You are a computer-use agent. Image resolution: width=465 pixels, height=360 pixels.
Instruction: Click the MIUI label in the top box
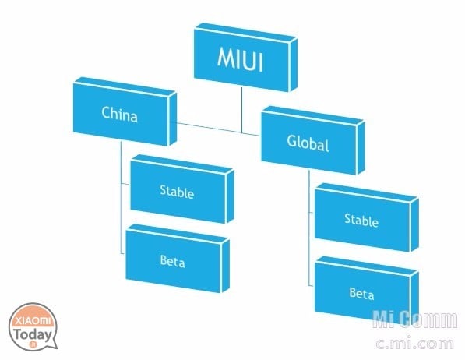click(x=240, y=59)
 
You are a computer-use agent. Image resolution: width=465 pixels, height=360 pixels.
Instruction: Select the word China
click(x=119, y=114)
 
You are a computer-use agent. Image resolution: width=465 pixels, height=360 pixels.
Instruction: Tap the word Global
click(x=308, y=143)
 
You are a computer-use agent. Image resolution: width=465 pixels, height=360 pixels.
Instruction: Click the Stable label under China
click(x=177, y=192)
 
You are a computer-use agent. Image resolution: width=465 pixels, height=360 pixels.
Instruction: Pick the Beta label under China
click(x=172, y=261)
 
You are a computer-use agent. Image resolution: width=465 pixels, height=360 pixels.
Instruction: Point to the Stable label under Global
click(x=361, y=221)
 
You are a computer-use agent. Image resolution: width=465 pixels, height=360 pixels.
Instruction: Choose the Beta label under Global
click(x=361, y=293)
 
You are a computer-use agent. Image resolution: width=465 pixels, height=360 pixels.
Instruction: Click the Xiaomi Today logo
click(x=33, y=326)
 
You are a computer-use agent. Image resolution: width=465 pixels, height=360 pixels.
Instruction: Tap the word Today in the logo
click(x=33, y=335)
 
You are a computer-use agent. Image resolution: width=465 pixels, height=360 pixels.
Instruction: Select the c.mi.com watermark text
click(x=414, y=343)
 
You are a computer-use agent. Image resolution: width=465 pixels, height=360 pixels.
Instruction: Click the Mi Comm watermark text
click(x=415, y=319)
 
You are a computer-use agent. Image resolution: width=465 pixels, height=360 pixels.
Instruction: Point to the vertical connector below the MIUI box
click(x=241, y=110)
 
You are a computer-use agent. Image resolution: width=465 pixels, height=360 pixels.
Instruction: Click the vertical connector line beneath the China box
click(x=121, y=197)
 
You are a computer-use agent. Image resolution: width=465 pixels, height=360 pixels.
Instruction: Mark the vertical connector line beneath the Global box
click(x=308, y=228)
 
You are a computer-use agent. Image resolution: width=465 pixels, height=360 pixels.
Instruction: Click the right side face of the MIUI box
click(x=293, y=65)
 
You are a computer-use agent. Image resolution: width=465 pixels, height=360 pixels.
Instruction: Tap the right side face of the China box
click(x=172, y=119)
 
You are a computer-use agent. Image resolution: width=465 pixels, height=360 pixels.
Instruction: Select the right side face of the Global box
click(x=361, y=148)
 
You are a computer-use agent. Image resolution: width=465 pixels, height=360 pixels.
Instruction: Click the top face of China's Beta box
click(x=178, y=234)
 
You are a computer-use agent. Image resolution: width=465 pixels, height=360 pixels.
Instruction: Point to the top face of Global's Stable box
click(x=367, y=192)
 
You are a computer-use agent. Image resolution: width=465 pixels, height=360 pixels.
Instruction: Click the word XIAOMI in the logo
click(x=33, y=321)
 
